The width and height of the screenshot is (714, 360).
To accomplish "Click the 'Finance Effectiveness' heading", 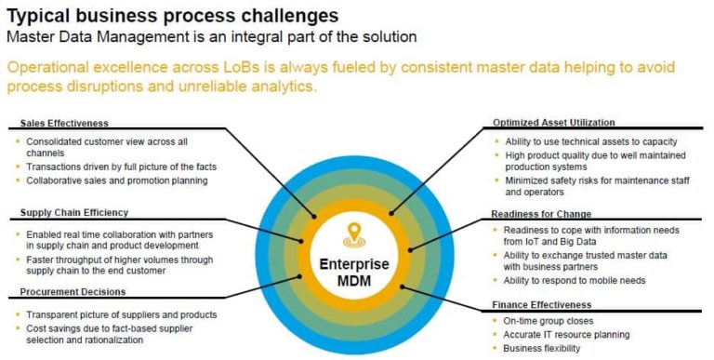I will click(539, 304).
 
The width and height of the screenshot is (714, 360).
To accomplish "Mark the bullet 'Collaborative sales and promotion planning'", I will click(117, 180).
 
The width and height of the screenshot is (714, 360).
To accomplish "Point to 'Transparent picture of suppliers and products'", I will click(122, 313).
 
